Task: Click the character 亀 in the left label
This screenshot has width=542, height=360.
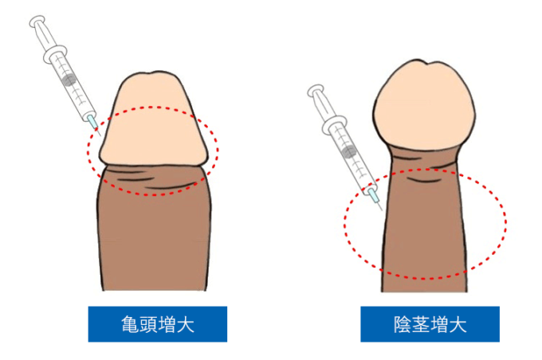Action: click(x=130, y=324)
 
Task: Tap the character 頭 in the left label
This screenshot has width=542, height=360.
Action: click(x=148, y=324)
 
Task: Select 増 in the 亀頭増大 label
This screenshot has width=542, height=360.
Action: click(x=167, y=324)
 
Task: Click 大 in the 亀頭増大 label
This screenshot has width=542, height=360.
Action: click(x=186, y=324)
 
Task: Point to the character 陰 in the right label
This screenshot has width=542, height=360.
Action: click(x=403, y=324)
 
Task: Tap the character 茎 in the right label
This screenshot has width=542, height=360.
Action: click(x=421, y=324)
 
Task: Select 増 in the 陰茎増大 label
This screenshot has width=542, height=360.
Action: click(x=440, y=324)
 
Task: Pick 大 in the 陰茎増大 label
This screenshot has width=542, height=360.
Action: click(x=458, y=324)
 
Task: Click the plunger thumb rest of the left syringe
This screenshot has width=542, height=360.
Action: click(x=37, y=21)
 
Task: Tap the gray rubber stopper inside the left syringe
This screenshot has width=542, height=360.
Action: click(x=69, y=80)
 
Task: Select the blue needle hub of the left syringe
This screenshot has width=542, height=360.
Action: click(x=92, y=121)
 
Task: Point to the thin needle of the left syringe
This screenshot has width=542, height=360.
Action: click(x=98, y=131)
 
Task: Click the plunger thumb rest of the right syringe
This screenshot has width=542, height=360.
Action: click(x=315, y=91)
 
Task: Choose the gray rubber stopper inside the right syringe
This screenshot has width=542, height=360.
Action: click(x=348, y=152)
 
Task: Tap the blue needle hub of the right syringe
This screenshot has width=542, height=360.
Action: click(x=373, y=195)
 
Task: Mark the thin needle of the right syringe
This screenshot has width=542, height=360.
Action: click(x=379, y=206)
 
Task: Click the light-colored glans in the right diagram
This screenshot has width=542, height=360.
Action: click(x=425, y=105)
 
